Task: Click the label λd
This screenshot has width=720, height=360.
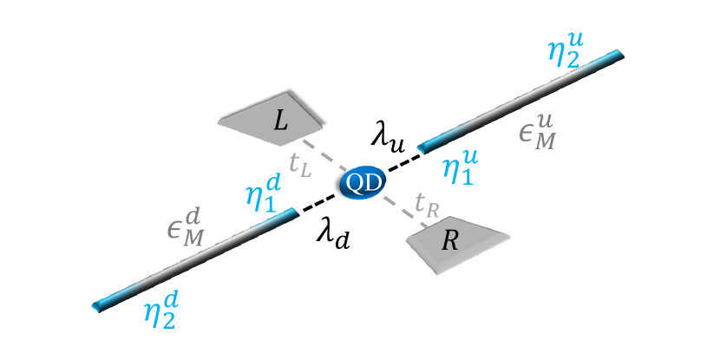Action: [x=333, y=233]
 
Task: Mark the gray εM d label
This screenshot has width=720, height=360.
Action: [x=183, y=232]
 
